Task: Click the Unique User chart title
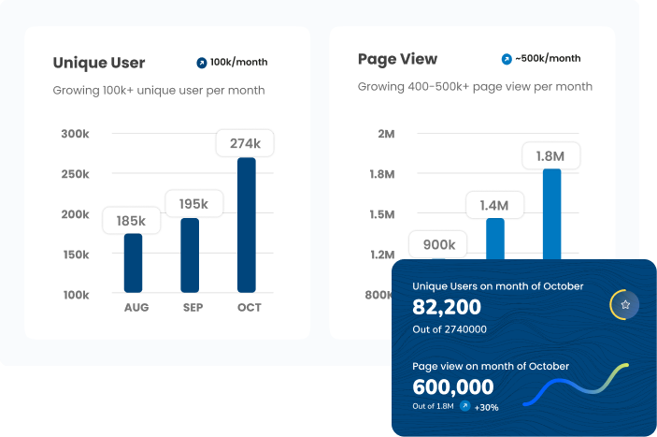coord(99,63)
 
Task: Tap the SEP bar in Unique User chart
coord(190,255)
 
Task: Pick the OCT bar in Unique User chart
coord(246,225)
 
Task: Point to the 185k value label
coord(131,221)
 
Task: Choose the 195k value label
coord(193,204)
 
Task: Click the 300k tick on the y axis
coord(75,134)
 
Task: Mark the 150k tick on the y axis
coord(75,255)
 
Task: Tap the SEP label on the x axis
coord(193,308)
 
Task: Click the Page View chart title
coord(397,59)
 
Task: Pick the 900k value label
coord(438,245)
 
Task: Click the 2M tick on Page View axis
coord(386,134)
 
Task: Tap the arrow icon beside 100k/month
coord(201,63)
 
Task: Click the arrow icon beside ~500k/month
coord(507,59)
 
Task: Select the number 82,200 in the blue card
coord(447,307)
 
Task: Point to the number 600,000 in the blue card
coord(453,386)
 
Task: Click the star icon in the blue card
coord(625,305)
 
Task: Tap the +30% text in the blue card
coord(486,407)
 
